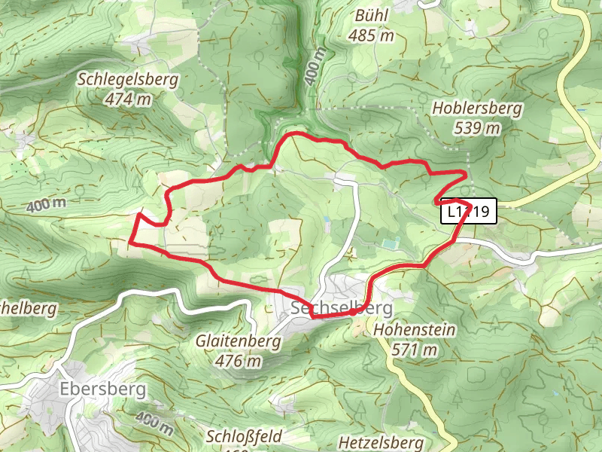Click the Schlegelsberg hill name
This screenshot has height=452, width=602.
click(127, 79)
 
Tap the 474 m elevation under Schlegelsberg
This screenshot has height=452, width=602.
click(127, 99)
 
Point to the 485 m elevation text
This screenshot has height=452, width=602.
click(372, 35)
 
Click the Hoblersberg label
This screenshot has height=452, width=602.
click(477, 108)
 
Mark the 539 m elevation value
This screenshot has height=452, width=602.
click(477, 128)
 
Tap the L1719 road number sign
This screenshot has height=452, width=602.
click(468, 212)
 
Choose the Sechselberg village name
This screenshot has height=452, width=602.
click(342, 308)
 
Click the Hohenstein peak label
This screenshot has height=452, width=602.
click(404, 329)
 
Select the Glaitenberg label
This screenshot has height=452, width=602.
click(238, 341)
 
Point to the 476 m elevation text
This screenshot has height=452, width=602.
click(238, 361)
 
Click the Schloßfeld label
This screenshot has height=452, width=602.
click(244, 437)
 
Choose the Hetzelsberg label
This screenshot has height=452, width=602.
click(381, 442)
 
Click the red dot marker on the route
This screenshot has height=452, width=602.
click(353, 311)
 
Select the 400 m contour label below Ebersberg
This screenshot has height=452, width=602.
click(156, 424)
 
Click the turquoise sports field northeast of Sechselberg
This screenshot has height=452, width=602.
click(389, 243)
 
